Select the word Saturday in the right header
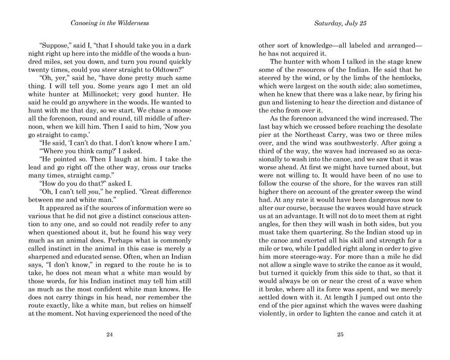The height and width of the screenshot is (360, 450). [x=329, y=23]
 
